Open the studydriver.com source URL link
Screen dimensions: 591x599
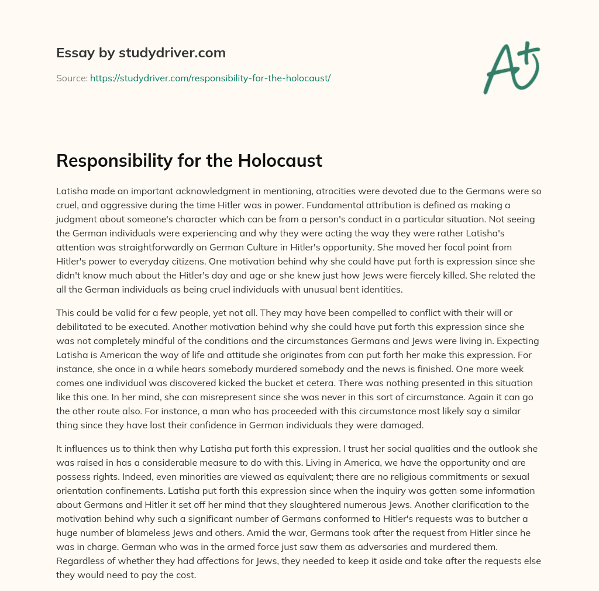click(210, 78)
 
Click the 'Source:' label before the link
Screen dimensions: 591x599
click(71, 78)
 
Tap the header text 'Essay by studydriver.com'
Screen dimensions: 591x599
click(140, 53)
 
